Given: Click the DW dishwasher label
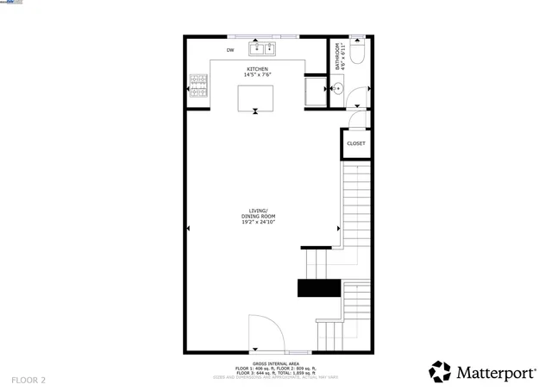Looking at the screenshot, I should [230, 51].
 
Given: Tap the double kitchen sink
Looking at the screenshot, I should [261, 47].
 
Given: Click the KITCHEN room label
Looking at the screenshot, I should [258, 69].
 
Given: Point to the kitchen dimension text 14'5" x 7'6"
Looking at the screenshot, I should [258, 75].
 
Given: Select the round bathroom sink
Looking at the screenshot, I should [338, 88].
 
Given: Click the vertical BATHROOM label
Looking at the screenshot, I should [339, 56].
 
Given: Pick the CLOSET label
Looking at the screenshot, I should [355, 143].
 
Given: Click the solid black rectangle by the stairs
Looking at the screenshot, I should [319, 288].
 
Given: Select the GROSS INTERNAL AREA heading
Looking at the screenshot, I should [276, 364].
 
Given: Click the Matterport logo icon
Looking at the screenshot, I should [440, 372].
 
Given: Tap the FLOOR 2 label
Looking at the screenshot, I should [29, 380].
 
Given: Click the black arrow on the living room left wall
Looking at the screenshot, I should [189, 228].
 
